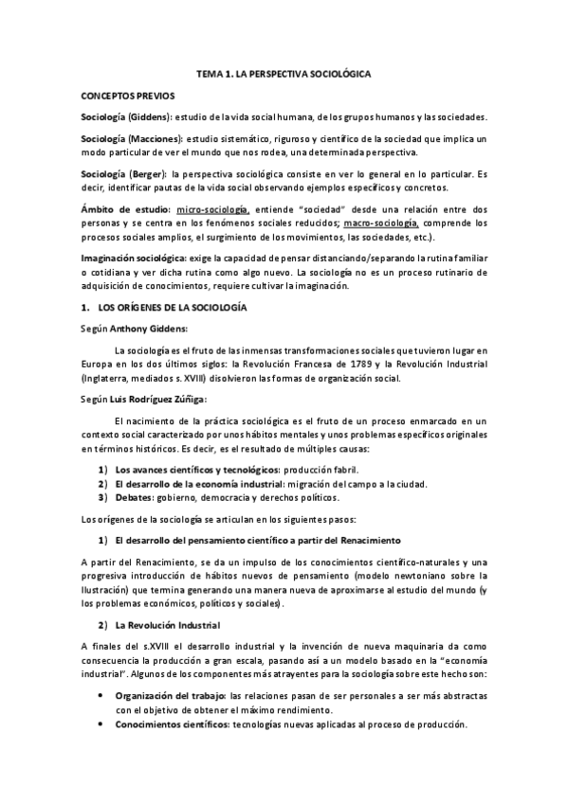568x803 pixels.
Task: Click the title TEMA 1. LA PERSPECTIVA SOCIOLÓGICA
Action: coord(284,73)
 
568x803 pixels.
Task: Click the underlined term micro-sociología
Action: coord(211,208)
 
